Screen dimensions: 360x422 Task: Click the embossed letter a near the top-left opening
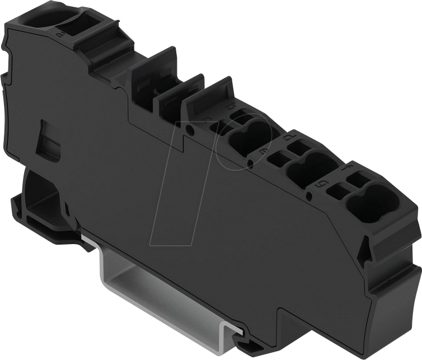59,34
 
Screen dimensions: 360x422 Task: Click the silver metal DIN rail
162,291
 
